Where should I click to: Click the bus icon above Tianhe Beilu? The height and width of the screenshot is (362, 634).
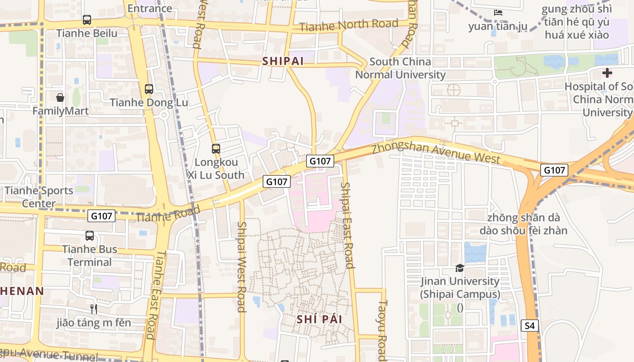pyautogui.click(x=87, y=20)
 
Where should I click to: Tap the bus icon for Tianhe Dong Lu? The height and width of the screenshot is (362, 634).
pyautogui.click(x=149, y=89)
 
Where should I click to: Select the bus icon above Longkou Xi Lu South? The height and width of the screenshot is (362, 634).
pyautogui.click(x=216, y=148)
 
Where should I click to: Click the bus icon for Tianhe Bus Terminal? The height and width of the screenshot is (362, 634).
pyautogui.click(x=90, y=236)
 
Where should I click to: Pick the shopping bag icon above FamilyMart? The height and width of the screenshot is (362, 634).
pyautogui.click(x=60, y=97)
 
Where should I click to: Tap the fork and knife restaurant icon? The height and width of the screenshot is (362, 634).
pyautogui.click(x=94, y=309)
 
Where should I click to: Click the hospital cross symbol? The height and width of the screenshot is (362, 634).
pyautogui.click(x=607, y=72)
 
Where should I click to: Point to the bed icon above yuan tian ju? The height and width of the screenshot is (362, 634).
pyautogui.click(x=498, y=13)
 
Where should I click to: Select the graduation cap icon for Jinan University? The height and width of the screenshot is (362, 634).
pyautogui.click(x=460, y=268)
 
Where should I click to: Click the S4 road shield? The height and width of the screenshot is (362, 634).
pyautogui.click(x=530, y=325)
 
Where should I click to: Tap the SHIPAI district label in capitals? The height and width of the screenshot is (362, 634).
pyautogui.click(x=283, y=61)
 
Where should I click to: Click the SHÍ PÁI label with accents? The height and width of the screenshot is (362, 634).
pyautogui.click(x=319, y=319)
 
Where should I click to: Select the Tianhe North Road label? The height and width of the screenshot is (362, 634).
pyautogui.click(x=349, y=25)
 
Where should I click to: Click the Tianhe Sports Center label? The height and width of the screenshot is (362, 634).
pyautogui.click(x=39, y=197)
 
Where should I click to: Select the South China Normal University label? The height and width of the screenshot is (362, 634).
pyautogui.click(x=400, y=68)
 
